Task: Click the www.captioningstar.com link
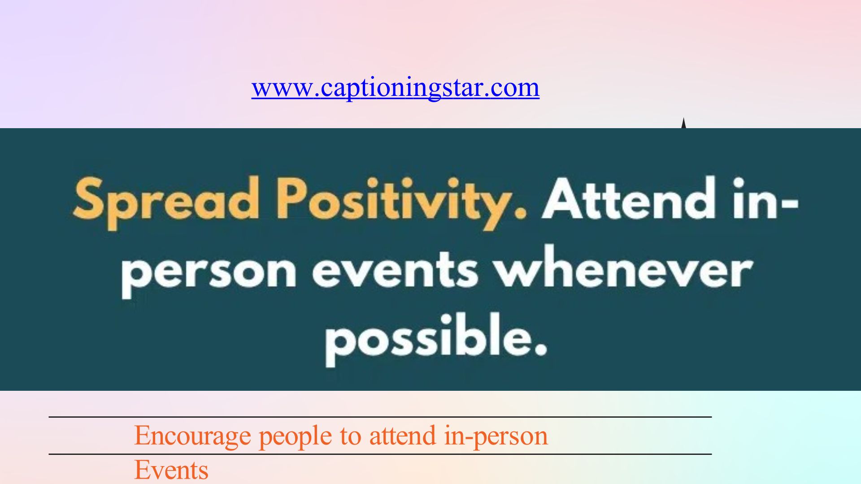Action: tap(395, 88)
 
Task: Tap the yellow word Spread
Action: tap(166, 201)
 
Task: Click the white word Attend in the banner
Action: tap(628, 198)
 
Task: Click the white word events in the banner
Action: tap(395, 269)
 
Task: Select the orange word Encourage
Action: tap(192, 436)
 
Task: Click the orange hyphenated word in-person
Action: tap(496, 437)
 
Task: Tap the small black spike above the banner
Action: tap(683, 123)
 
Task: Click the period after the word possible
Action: tap(540, 350)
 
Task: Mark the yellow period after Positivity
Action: tap(520, 212)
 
